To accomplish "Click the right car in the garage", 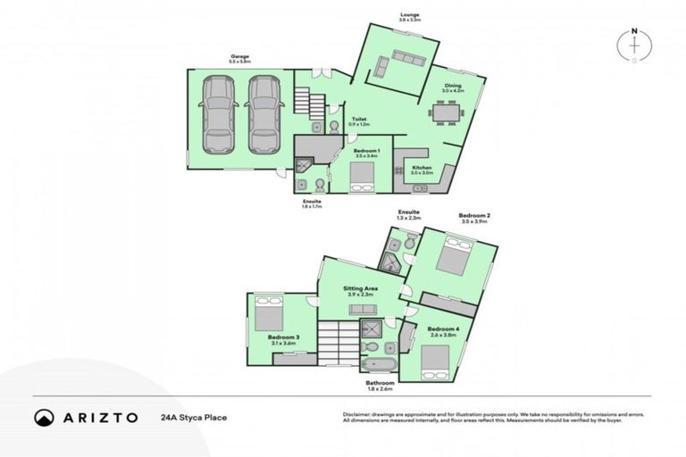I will coord(263,113).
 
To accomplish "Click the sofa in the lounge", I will coord(406,60).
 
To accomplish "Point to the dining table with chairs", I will coord(445,113).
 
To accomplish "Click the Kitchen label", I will coord(422,168).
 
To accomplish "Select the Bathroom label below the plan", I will coord(380,383).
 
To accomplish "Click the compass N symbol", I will coord(634,32).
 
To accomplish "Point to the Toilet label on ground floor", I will coord(359,120).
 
